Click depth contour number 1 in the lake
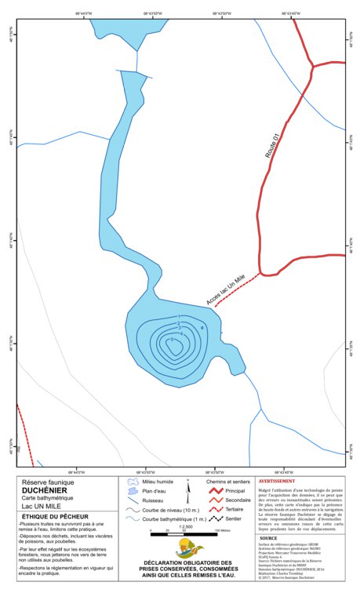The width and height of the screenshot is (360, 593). (x=179, y=318)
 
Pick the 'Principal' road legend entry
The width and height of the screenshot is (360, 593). (x=235, y=490)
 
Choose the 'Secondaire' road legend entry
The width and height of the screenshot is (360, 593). (x=238, y=500)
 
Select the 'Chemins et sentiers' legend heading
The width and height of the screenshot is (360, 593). (x=227, y=481)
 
